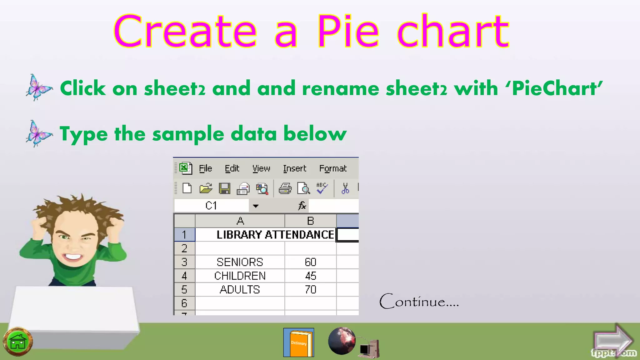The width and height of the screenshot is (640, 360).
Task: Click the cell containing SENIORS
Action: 240,262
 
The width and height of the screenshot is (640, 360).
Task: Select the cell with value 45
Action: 310,276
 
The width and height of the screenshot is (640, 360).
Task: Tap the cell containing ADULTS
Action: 240,289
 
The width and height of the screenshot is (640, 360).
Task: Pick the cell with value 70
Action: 310,289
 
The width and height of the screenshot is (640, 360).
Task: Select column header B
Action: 310,221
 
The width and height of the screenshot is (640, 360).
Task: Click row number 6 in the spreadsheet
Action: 184,303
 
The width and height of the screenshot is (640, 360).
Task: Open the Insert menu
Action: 294,169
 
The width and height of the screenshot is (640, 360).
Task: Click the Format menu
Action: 333,169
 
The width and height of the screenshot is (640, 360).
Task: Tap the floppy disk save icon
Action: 224,188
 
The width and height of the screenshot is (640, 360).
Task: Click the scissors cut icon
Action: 345,188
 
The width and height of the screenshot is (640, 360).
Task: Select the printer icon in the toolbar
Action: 285,188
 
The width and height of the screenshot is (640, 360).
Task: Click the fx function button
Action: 302,206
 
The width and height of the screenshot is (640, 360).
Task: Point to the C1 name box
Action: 211,206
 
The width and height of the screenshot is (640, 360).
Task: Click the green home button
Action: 18,342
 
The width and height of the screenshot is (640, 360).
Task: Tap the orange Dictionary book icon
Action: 299,342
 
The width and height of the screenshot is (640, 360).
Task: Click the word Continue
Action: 419,302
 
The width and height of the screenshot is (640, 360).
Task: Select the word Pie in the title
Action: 348,31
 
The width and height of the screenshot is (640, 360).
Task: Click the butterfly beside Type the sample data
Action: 38,133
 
